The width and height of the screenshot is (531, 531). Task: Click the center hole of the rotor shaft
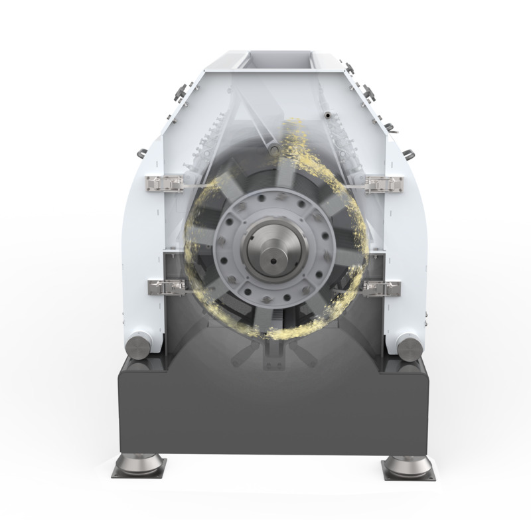271,251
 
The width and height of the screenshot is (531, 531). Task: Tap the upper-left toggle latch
165,183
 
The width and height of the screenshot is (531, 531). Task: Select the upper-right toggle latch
384,184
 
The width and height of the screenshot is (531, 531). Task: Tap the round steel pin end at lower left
139,345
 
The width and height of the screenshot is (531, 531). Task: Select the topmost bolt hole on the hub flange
271,199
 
